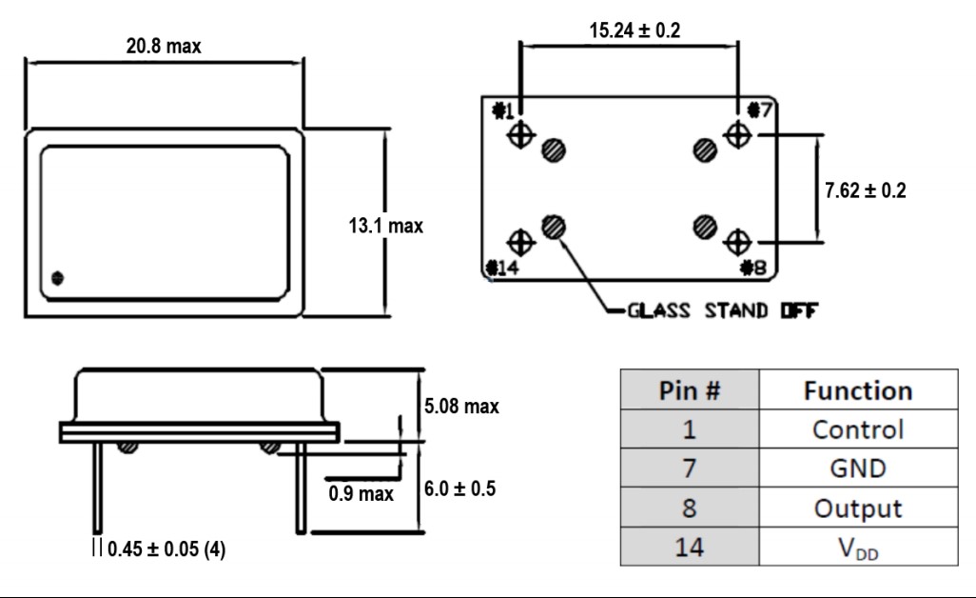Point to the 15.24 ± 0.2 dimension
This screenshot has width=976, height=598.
[634, 30]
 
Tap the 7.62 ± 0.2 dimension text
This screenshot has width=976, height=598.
[865, 189]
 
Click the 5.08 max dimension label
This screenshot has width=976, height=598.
[461, 407]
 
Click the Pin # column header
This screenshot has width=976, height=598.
[690, 391]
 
